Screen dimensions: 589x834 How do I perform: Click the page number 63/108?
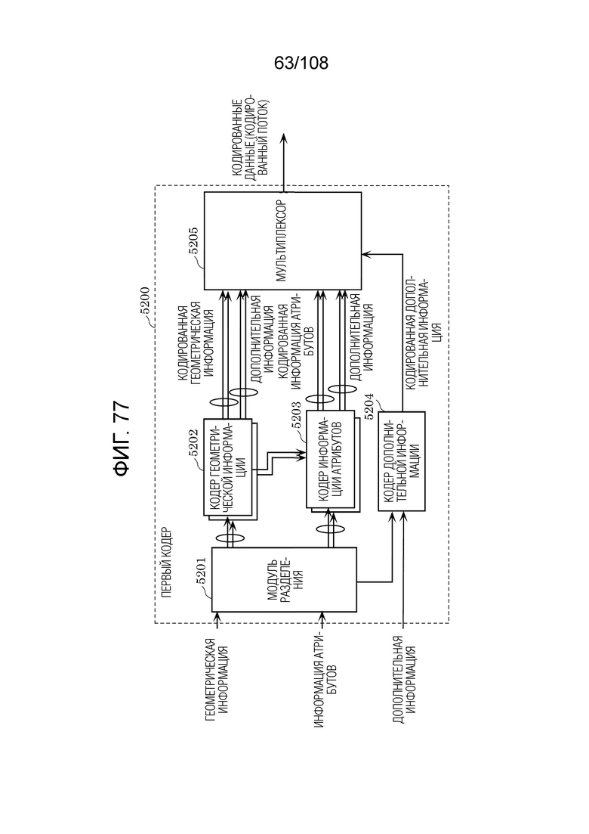coord(301,64)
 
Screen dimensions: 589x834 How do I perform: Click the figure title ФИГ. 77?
coord(122,438)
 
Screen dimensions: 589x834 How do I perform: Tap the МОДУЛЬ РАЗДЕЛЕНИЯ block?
coord(284,580)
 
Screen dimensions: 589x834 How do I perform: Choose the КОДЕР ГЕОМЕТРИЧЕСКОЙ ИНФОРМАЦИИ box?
coord(228,467)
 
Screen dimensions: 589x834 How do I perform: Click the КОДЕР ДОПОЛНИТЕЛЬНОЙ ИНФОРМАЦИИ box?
coord(402,461)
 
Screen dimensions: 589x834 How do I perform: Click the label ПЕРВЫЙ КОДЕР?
coord(166,563)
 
